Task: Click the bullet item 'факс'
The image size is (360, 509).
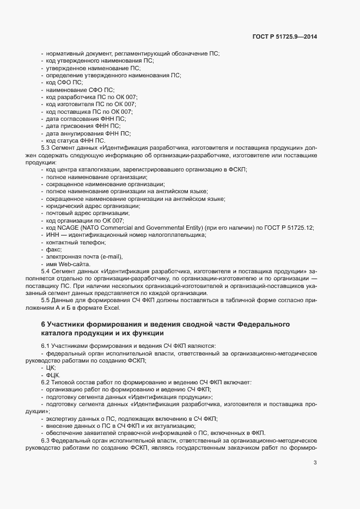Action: click(54, 249)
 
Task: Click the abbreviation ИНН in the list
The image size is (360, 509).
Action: click(52, 235)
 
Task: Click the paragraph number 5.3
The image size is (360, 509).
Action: click(46, 148)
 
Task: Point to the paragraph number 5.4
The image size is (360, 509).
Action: click(46, 271)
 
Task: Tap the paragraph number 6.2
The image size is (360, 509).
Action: click(46, 383)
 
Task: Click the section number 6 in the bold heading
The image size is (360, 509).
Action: click(43, 324)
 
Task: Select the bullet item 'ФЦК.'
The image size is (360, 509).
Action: click(53, 376)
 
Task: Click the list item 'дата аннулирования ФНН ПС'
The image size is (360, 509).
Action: click(87, 133)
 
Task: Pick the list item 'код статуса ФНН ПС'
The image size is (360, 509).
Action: click(75, 140)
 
